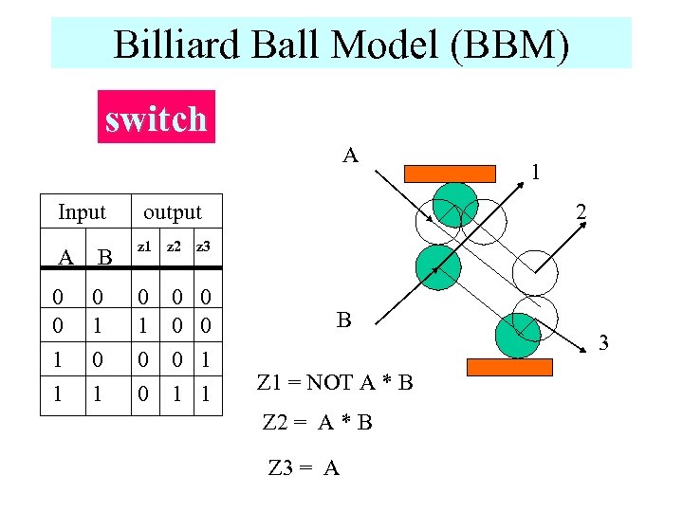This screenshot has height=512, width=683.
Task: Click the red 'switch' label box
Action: point(157,117)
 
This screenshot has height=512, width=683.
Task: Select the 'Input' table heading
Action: point(82,211)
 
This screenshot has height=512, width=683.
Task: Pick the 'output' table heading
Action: point(172,211)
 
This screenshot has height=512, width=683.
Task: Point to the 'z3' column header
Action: point(202,247)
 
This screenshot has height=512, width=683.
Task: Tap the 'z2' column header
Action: point(174,247)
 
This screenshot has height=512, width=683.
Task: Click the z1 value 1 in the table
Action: point(143,325)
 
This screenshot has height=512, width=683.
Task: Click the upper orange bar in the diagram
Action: point(451,173)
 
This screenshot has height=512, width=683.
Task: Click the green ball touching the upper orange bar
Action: point(455,204)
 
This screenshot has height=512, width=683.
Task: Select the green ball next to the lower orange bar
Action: point(518,333)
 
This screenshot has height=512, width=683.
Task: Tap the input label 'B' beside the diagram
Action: point(343,320)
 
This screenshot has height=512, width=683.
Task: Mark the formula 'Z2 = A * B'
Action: point(317,422)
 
